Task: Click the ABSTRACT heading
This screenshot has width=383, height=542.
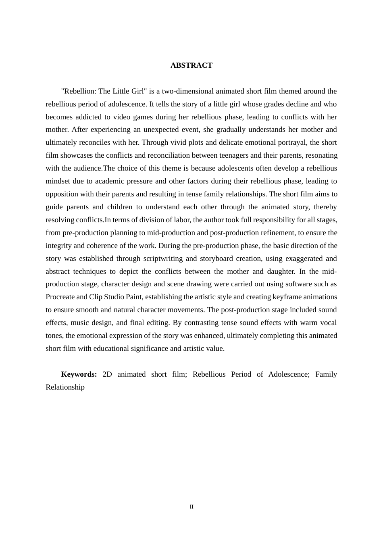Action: coord(191,65)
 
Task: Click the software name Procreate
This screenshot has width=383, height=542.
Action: coord(60,297)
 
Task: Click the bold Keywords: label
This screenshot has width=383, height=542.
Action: coord(79,374)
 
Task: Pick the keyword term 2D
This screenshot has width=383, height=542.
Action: coord(107,374)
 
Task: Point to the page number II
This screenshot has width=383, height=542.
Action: coord(191,507)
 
